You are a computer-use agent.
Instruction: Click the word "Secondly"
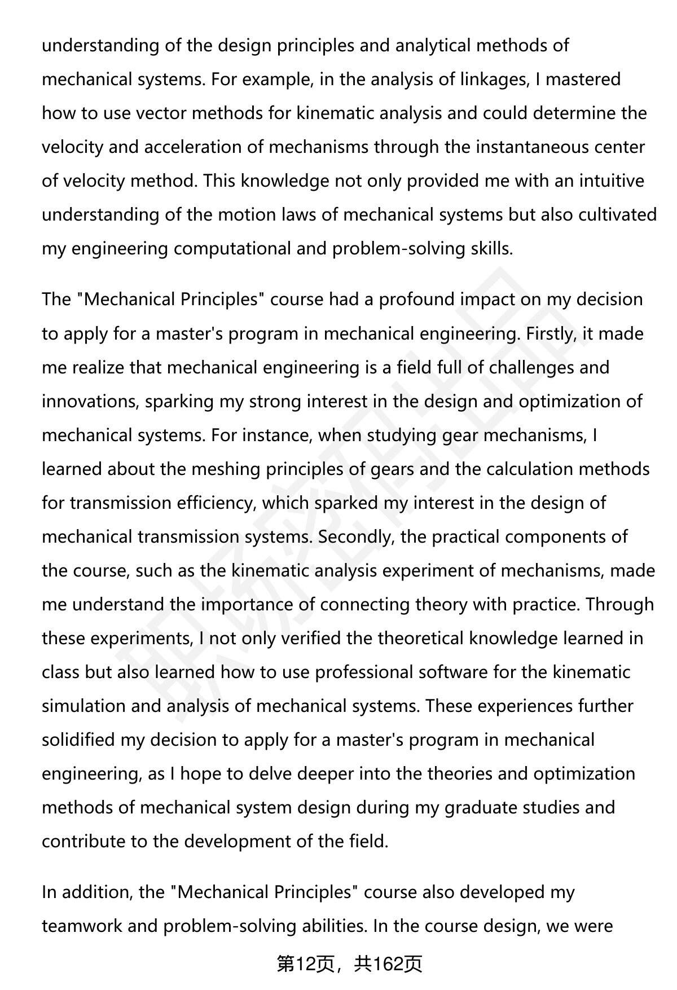(x=356, y=536)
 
